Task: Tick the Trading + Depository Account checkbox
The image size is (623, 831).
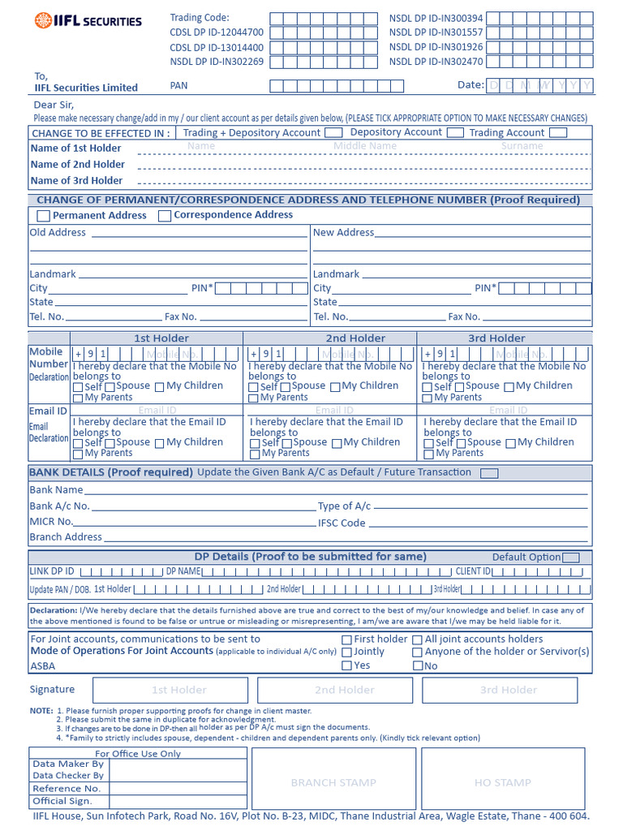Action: point(333,132)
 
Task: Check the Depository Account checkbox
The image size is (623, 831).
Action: point(455,132)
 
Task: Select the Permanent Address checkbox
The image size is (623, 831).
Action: point(44,216)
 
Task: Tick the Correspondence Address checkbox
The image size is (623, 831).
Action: point(165,216)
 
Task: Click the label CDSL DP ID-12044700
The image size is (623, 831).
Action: point(217,32)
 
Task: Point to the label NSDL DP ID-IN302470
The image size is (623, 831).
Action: point(436,62)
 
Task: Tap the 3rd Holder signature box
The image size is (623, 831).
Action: point(509,690)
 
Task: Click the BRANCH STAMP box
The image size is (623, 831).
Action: point(333,782)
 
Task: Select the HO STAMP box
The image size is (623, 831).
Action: point(503,782)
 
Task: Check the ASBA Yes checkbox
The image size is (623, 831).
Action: point(347,666)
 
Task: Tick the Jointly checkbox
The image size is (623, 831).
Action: point(347,652)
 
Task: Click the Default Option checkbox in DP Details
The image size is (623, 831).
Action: point(571,558)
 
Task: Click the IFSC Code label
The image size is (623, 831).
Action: point(342,523)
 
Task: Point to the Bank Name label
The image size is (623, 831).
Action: point(56,490)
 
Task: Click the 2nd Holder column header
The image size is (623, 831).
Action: point(355,338)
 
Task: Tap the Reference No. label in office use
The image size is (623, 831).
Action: point(67,789)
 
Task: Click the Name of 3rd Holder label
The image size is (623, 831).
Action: point(76,181)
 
